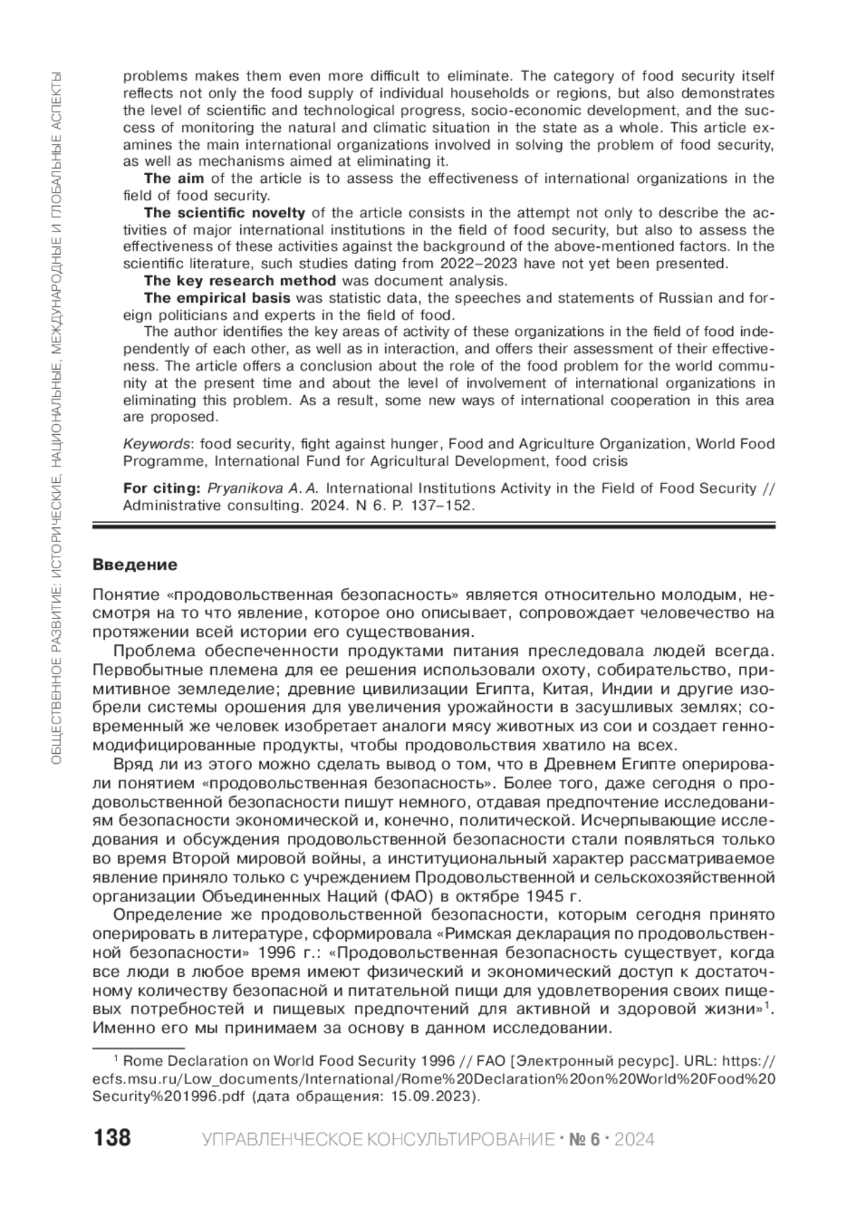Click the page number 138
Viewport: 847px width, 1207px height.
112,1138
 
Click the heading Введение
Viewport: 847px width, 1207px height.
135,565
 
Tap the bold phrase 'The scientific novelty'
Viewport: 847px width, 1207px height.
224,213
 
